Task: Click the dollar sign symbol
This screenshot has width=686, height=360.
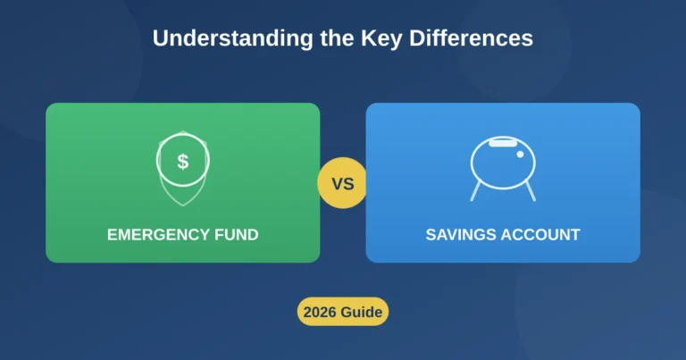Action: pos(183,162)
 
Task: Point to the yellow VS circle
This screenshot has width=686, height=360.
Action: pos(343,184)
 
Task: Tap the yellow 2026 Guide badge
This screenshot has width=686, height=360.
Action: pos(343,313)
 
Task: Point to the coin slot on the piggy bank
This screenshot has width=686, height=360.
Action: pos(503,141)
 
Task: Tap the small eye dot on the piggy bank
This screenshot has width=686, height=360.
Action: pos(519,154)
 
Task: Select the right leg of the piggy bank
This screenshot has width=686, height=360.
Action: pos(530,190)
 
